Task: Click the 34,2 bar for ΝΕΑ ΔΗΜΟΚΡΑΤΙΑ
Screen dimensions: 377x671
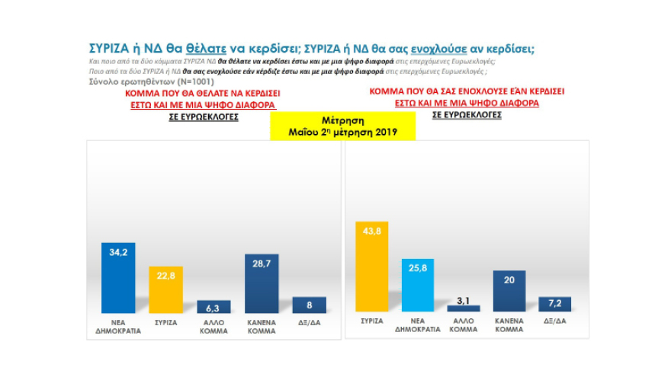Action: [x=118, y=278]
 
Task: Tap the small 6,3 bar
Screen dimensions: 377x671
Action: [x=213, y=307]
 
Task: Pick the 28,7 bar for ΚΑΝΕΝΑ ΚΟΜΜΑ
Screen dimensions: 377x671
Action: [x=262, y=283]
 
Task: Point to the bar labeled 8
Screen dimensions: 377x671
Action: [x=309, y=305]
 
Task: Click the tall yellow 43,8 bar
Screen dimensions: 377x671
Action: [x=372, y=267]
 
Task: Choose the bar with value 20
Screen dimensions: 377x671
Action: [x=509, y=292]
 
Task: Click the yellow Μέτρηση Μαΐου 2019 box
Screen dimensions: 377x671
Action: [x=342, y=126]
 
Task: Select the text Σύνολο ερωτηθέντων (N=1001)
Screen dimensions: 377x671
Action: [x=152, y=81]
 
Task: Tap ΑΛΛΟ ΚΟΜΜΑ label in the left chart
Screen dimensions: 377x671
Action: [x=213, y=327]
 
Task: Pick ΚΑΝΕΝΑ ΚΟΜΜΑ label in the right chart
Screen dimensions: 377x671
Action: [x=509, y=327]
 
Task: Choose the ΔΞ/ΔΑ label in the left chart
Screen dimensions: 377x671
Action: [x=309, y=322]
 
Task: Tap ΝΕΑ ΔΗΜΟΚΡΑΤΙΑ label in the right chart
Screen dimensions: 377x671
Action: [x=419, y=327]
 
